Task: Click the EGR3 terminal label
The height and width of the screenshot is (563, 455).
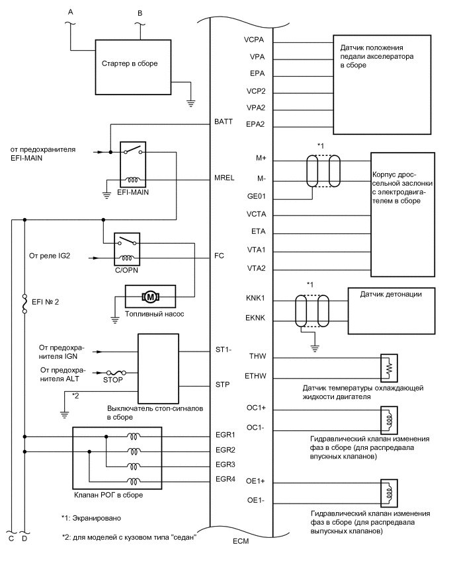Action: pos(225,464)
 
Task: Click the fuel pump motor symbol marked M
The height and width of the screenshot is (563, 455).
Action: pos(149,292)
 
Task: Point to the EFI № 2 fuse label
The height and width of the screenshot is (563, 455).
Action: pos(50,305)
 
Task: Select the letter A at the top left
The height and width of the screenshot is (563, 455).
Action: pos(69,11)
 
